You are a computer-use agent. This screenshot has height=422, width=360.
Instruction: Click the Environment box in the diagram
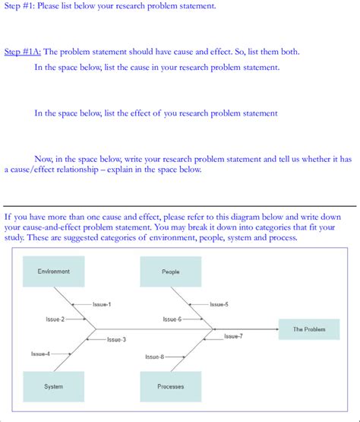point(54,271)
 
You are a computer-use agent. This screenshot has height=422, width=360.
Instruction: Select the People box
point(171,271)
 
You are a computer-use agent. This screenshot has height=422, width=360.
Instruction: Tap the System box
point(54,386)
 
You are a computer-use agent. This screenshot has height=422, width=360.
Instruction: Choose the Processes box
point(171,386)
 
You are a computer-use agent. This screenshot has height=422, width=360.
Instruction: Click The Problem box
point(308,329)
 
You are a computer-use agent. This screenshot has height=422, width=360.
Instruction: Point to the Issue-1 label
point(102,304)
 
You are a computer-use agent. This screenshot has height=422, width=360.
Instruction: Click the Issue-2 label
point(55,319)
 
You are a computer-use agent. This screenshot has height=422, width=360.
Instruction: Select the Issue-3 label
point(116,339)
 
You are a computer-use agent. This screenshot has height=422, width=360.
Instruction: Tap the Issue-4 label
point(40,354)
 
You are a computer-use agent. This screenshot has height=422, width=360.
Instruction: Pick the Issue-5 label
point(219,304)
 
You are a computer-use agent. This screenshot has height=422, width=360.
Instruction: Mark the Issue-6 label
point(172,319)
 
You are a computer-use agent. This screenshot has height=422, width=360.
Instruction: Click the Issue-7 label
point(233,335)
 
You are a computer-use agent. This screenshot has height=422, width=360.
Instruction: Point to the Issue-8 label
point(154,356)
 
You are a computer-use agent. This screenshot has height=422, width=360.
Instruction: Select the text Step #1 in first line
point(19,6)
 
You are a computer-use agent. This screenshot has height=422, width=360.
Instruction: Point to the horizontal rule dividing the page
point(180,206)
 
